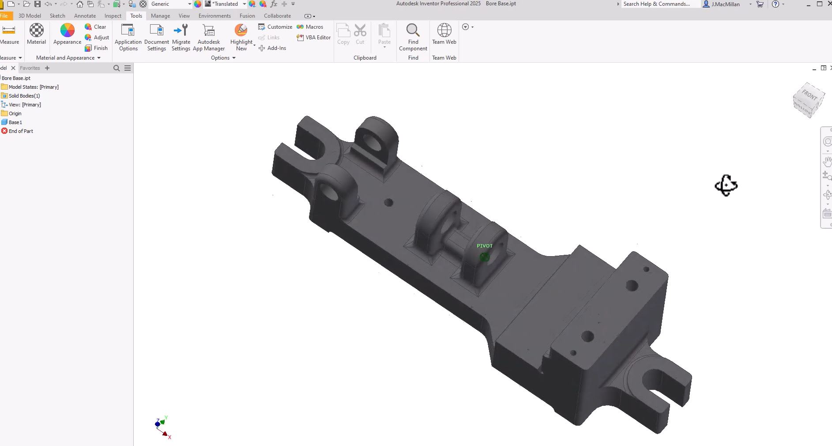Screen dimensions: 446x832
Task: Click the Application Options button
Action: coord(128,37)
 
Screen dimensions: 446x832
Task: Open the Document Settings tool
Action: coord(156,37)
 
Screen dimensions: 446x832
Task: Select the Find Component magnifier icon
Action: coord(413,30)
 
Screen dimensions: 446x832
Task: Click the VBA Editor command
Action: coord(314,38)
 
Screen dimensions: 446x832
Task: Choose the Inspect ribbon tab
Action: coord(113,15)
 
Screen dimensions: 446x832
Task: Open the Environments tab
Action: coord(215,15)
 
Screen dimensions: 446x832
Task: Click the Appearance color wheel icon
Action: coord(67,31)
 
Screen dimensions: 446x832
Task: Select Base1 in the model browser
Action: coord(15,122)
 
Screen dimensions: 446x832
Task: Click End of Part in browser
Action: coord(21,131)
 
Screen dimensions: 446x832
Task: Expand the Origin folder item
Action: coord(15,113)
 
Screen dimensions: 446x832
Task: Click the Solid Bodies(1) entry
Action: coord(24,96)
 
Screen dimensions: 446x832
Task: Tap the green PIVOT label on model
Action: coord(484,246)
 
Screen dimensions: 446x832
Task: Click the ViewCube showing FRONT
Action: coord(809,100)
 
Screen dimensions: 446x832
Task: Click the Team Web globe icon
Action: coord(444,30)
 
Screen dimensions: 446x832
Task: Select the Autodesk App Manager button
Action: coord(209,37)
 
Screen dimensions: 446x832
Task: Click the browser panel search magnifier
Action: coord(117,68)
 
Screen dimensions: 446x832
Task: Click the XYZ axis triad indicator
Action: coord(162,427)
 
